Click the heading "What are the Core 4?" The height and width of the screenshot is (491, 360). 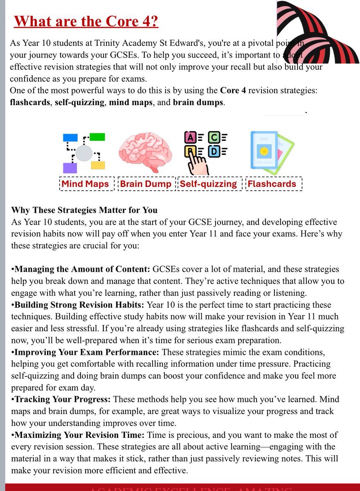coord(86,21)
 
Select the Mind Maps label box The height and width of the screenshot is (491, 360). coord(85,184)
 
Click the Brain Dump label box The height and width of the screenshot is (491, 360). coord(146,184)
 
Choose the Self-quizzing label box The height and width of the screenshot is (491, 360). coord(208,184)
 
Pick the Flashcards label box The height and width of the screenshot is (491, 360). coord(272,184)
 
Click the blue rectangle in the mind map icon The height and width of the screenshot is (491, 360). coord(70,137)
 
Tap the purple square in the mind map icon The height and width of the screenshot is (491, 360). coord(70,168)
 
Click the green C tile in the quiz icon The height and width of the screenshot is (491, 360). coord(213,138)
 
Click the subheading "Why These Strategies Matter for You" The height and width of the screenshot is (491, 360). coord(84,211)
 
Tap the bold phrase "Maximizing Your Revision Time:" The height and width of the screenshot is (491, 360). coord(77,435)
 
